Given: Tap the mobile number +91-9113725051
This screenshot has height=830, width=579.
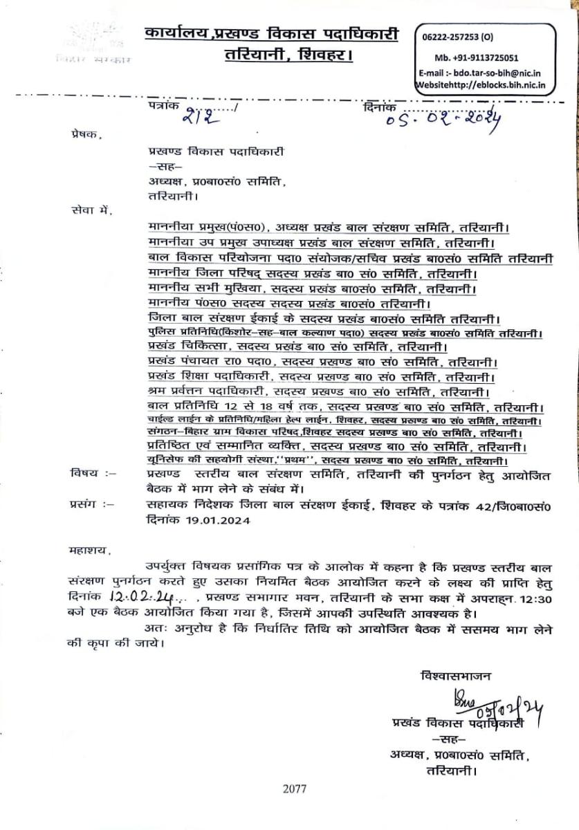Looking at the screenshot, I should click(477, 58).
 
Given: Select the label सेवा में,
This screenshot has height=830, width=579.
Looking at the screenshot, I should click(89, 209).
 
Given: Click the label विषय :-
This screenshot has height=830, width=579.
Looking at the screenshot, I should click(93, 474).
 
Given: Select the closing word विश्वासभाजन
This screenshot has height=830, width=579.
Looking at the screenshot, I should click(453, 673).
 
